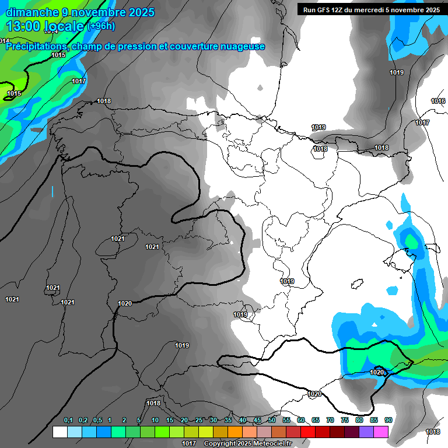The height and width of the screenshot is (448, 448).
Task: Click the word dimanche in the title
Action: (32, 12)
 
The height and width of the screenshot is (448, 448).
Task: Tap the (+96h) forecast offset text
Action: (101, 26)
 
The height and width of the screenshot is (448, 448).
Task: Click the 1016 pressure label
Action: (438, 101)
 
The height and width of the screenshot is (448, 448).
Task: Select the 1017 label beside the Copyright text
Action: (188, 444)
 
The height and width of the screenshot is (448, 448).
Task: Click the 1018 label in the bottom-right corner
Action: (433, 432)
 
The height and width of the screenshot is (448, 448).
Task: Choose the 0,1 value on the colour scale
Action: (68, 421)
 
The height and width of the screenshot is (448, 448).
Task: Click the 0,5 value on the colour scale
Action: (97, 421)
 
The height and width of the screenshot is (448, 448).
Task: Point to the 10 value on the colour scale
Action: (155, 421)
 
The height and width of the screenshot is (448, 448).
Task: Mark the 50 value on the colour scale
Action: (272, 421)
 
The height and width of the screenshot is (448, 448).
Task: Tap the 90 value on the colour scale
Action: (388, 421)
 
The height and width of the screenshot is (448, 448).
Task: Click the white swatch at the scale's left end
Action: (60, 432)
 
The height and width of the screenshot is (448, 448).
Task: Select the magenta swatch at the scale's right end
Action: (381, 432)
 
